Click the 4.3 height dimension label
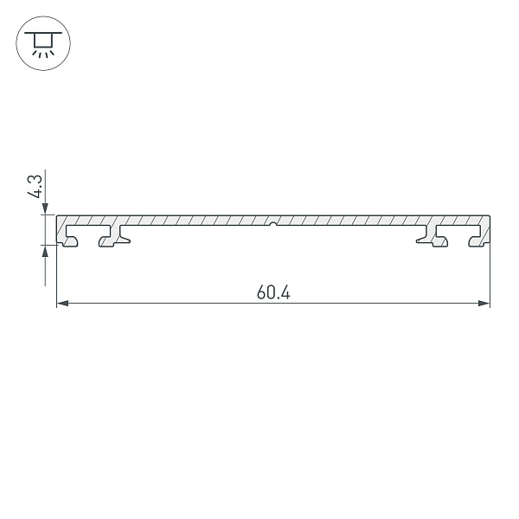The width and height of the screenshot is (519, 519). (x=35, y=187)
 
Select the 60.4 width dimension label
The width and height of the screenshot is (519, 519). (x=273, y=292)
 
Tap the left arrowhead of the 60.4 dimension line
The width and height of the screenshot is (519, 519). (x=61, y=304)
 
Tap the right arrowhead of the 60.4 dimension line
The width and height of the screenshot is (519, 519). (x=484, y=304)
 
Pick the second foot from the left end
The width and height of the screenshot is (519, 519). (x=111, y=237)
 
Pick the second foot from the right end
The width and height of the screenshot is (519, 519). (x=435, y=237)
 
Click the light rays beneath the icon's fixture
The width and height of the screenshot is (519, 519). (x=41, y=52)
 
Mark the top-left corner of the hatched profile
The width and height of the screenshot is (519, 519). (x=58, y=216)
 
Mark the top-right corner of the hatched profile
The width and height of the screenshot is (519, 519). (x=489, y=216)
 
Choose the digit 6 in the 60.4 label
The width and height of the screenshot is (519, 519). (x=261, y=292)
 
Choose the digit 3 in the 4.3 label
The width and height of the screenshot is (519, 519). (x=35, y=180)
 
